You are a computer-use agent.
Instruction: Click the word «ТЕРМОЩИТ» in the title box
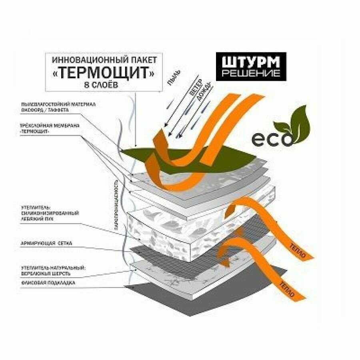coord(105,74)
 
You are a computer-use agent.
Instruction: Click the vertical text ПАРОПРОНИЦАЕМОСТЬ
coord(116,204)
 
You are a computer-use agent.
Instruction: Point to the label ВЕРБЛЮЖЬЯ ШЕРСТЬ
coord(46,274)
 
